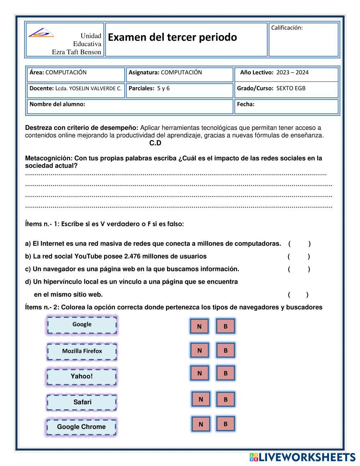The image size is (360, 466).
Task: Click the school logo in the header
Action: tap(41, 33)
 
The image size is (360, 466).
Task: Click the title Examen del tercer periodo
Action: tap(172, 37)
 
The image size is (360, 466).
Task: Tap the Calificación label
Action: tap(287, 28)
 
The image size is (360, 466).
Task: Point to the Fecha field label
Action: tap(246, 104)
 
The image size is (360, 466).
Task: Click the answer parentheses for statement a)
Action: tap(299, 244)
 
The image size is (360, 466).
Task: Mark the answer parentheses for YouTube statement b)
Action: tap(298, 256)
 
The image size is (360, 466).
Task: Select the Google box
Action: tap(82, 325)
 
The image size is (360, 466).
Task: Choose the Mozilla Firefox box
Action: tap(82, 351)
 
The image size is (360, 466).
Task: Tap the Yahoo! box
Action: tap(82, 377)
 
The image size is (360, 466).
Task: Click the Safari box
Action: tap(82, 402)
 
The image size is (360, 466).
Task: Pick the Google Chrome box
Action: tap(81, 427)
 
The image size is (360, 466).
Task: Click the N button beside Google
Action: tap(199, 326)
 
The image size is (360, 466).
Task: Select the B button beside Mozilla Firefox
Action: tap(226, 350)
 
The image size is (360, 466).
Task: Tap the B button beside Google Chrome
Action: tap(226, 424)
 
